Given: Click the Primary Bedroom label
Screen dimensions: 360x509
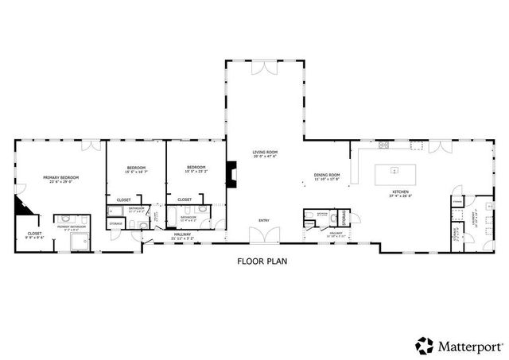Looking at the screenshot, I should coord(60,180).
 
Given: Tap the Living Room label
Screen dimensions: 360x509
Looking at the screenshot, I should coord(265,154).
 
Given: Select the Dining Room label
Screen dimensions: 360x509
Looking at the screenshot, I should coord(326,176).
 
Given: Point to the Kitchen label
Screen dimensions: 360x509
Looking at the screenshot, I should coord(400,193).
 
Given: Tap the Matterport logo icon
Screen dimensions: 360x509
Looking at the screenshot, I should coord(425,345).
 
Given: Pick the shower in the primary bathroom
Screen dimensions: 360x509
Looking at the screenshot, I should coord(80,241).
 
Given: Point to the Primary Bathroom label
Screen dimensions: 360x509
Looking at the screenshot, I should coord(71,227).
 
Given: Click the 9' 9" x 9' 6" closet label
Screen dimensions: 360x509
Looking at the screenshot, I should coord(33,235).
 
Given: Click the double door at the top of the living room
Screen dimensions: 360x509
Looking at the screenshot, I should coord(265,68).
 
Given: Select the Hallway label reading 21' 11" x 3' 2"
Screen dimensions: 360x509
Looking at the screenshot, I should coord(184,236).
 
